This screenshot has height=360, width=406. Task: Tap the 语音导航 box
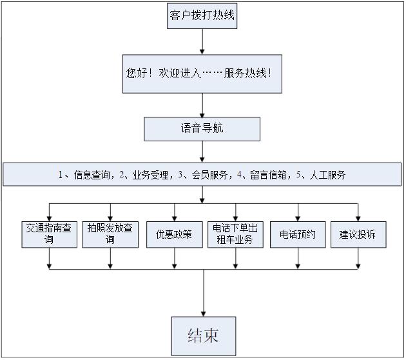[202, 128]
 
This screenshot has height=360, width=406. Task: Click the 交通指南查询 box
[49, 234]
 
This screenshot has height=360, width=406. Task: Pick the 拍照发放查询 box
[110, 234]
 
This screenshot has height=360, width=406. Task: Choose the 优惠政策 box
[174, 234]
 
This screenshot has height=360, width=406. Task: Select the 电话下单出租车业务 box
[236, 234]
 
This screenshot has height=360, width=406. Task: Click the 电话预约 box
[298, 234]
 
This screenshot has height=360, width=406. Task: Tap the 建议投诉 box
[358, 234]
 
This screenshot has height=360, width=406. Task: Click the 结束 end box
[202, 335]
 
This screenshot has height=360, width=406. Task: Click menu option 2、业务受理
[145, 175]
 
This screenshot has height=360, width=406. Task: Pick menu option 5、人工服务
[320, 175]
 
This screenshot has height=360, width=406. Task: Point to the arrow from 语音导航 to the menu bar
[202, 152]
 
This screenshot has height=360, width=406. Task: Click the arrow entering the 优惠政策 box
[174, 212]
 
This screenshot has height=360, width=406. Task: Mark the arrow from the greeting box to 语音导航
[202, 105]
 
